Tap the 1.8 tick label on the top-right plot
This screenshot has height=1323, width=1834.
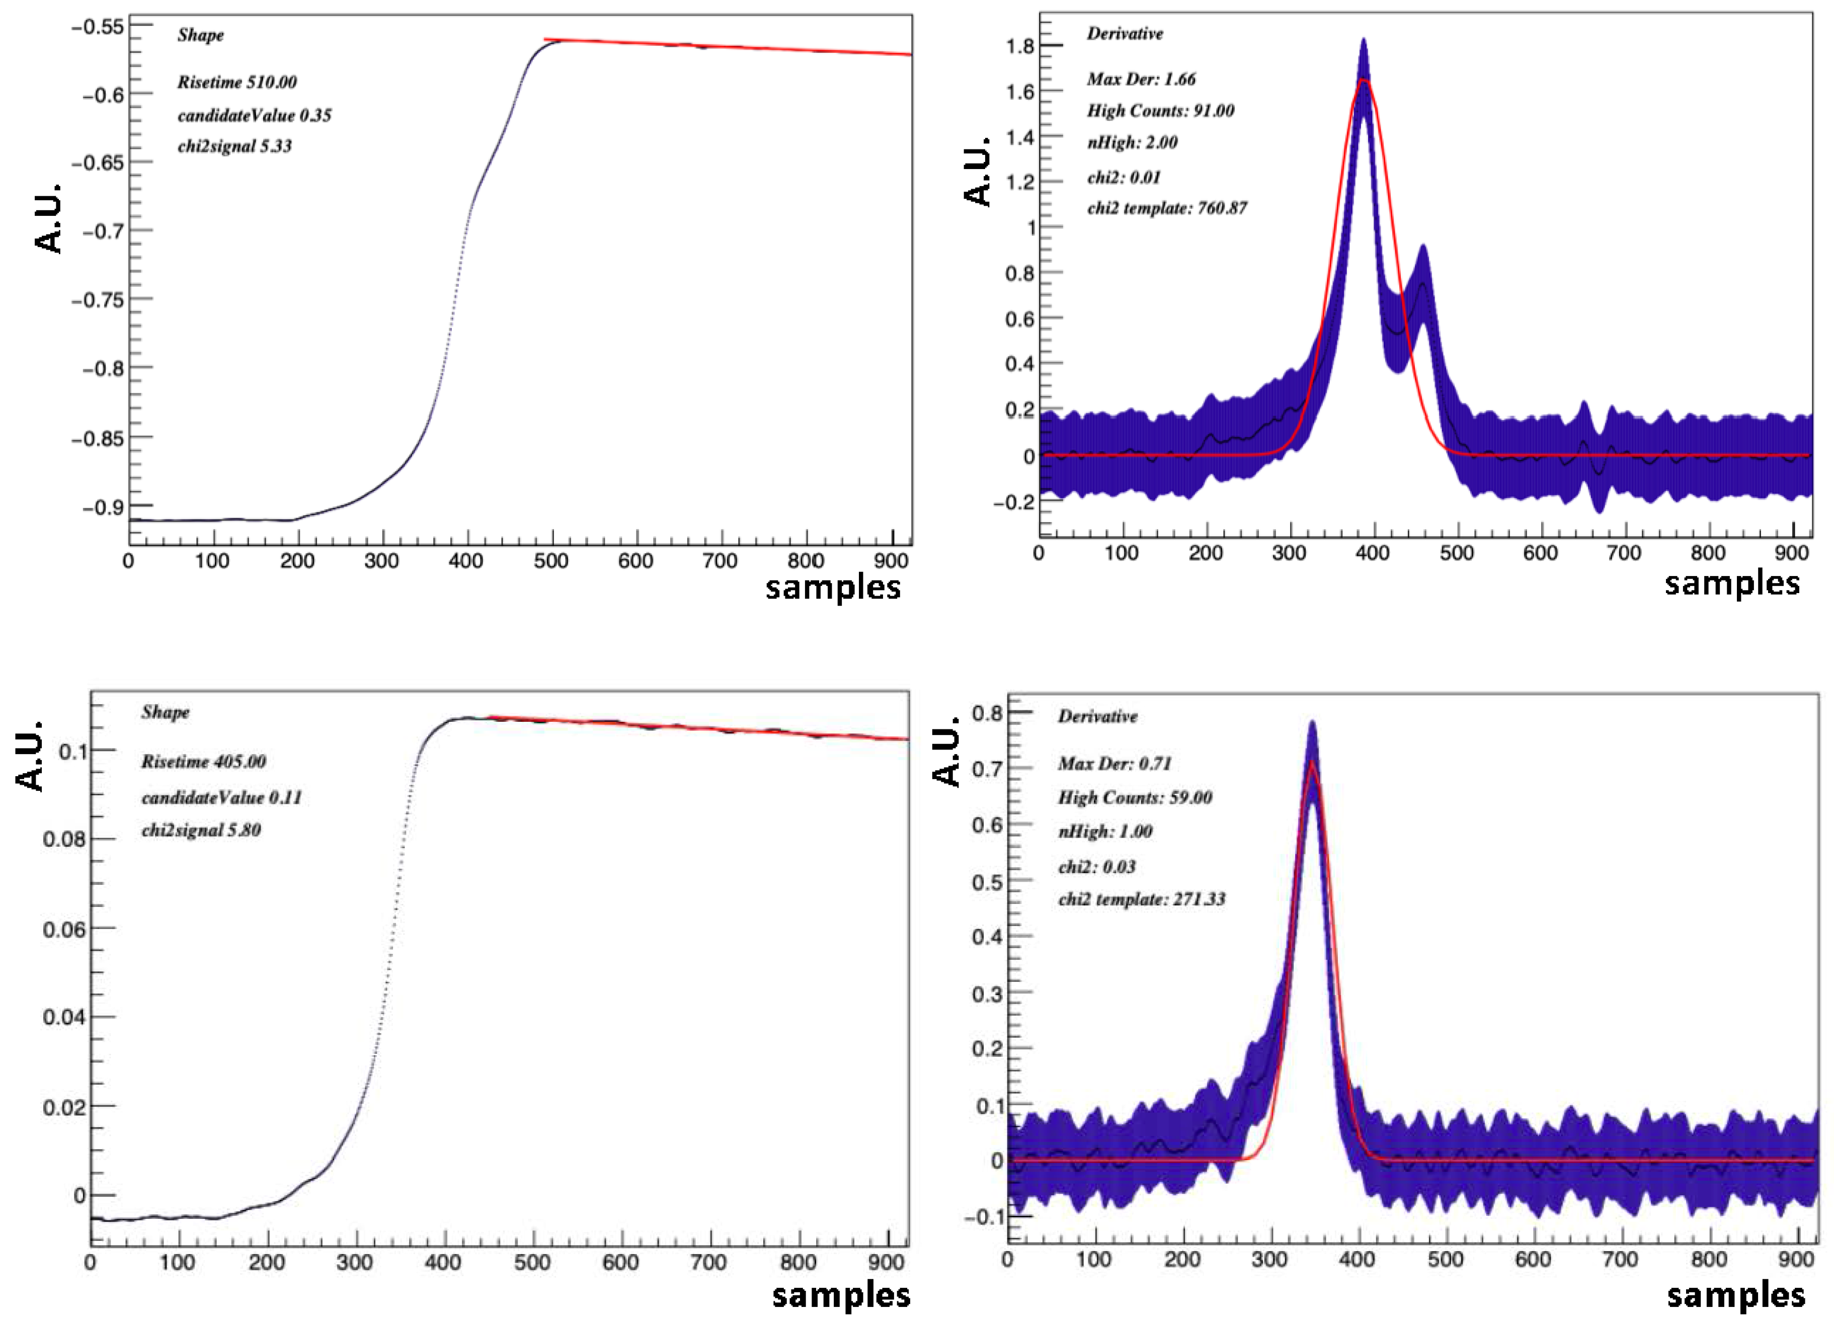pyautogui.click(x=1020, y=46)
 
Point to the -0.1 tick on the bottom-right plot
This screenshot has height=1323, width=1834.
pyautogui.click(x=983, y=1217)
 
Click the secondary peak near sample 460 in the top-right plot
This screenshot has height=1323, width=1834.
pyautogui.click(x=1422, y=249)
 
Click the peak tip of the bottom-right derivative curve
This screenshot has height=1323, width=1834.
pyautogui.click(x=1312, y=722)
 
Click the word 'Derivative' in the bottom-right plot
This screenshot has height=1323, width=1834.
pyautogui.click(x=1097, y=716)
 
